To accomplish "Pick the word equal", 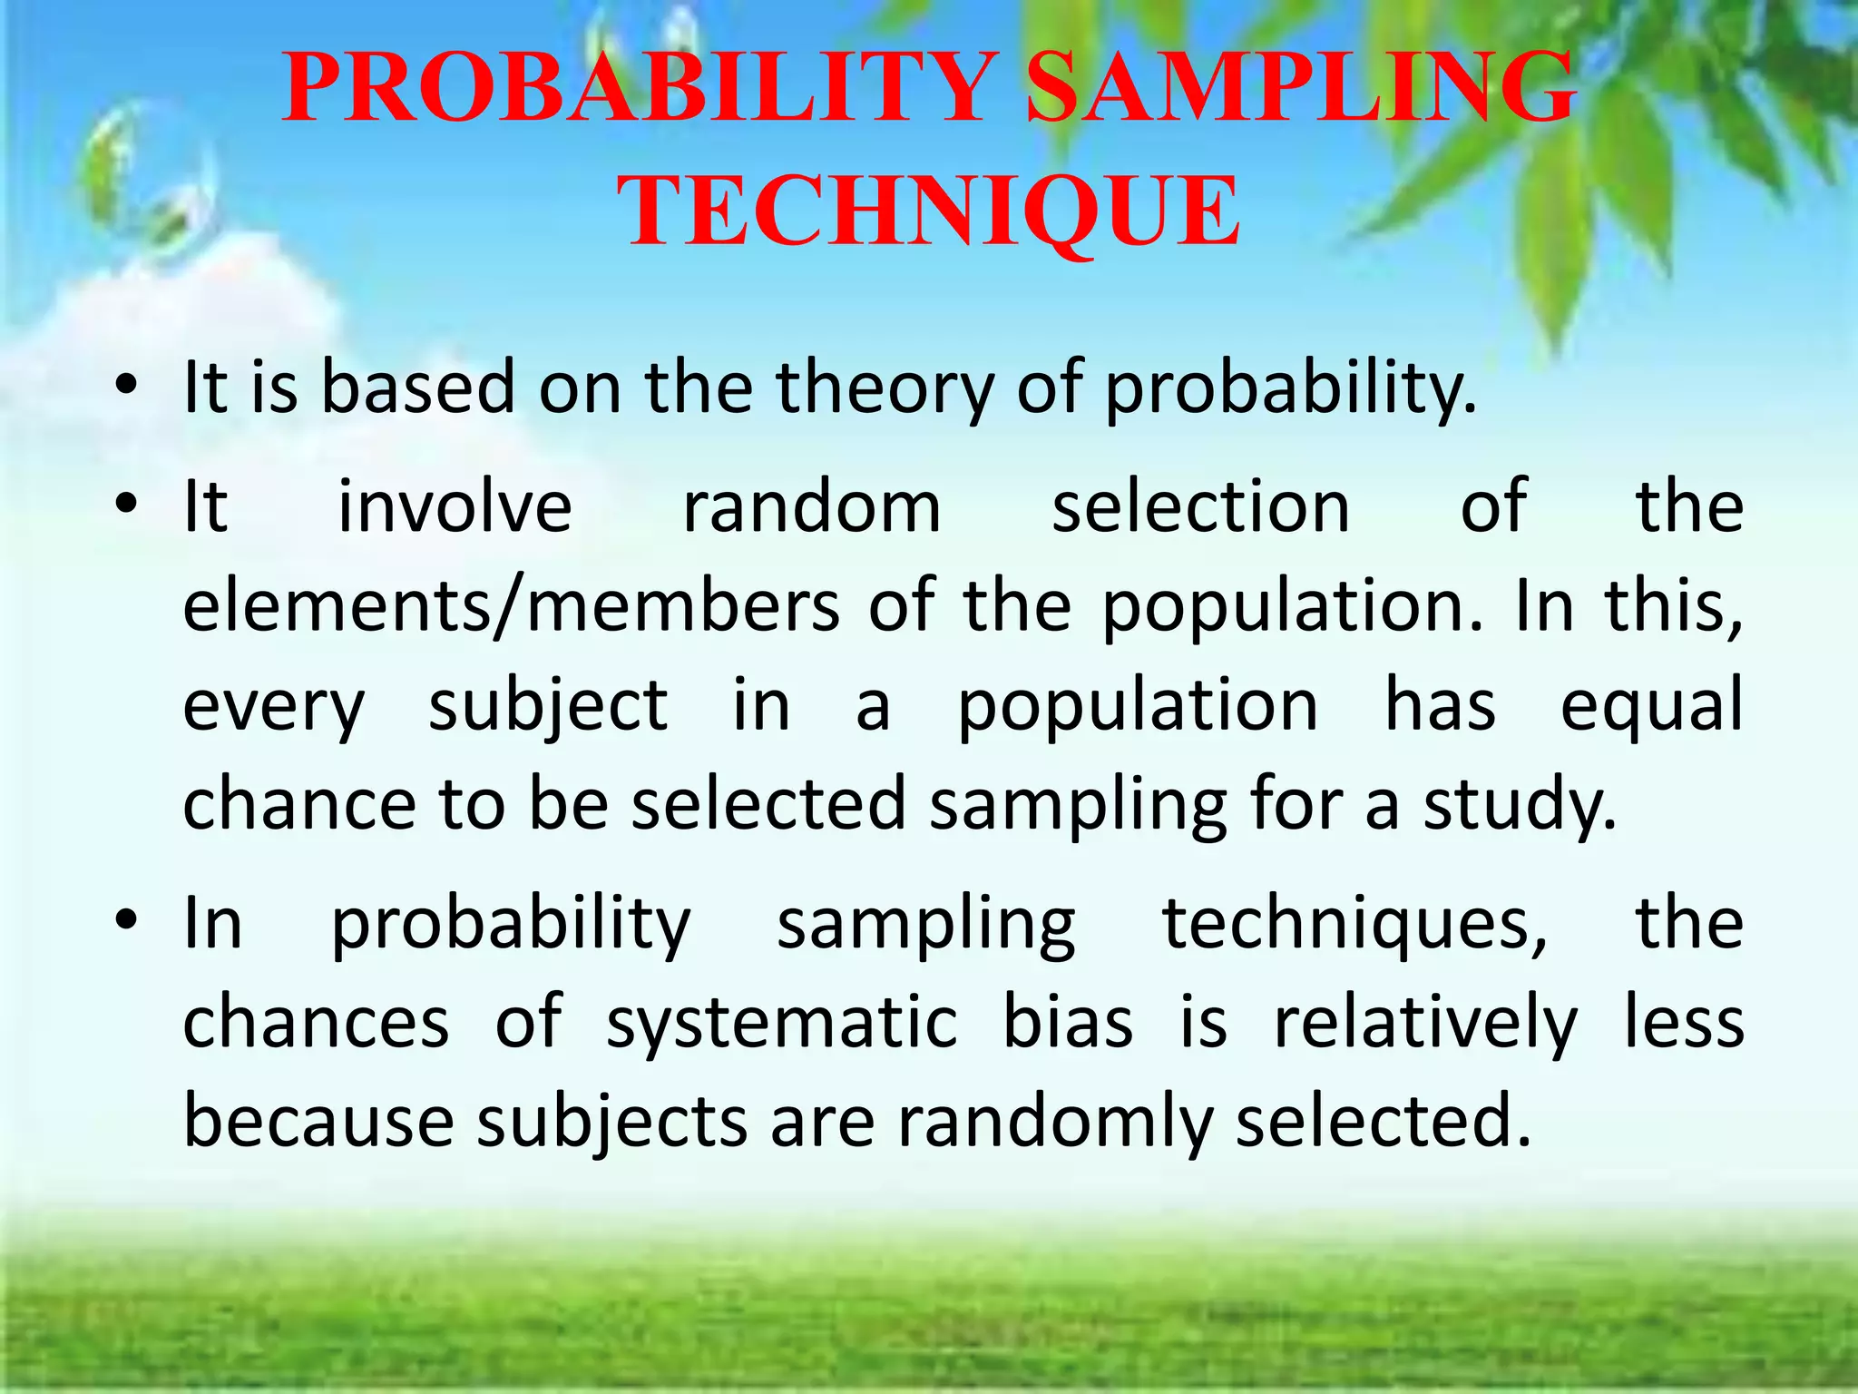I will click(x=1651, y=708).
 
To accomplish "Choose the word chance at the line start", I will click(x=298, y=804).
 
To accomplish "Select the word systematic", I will click(x=781, y=1024).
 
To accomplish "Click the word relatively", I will click(x=1425, y=1024).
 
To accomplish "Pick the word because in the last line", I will click(x=318, y=1122).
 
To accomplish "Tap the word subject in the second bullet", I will click(x=548, y=708).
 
